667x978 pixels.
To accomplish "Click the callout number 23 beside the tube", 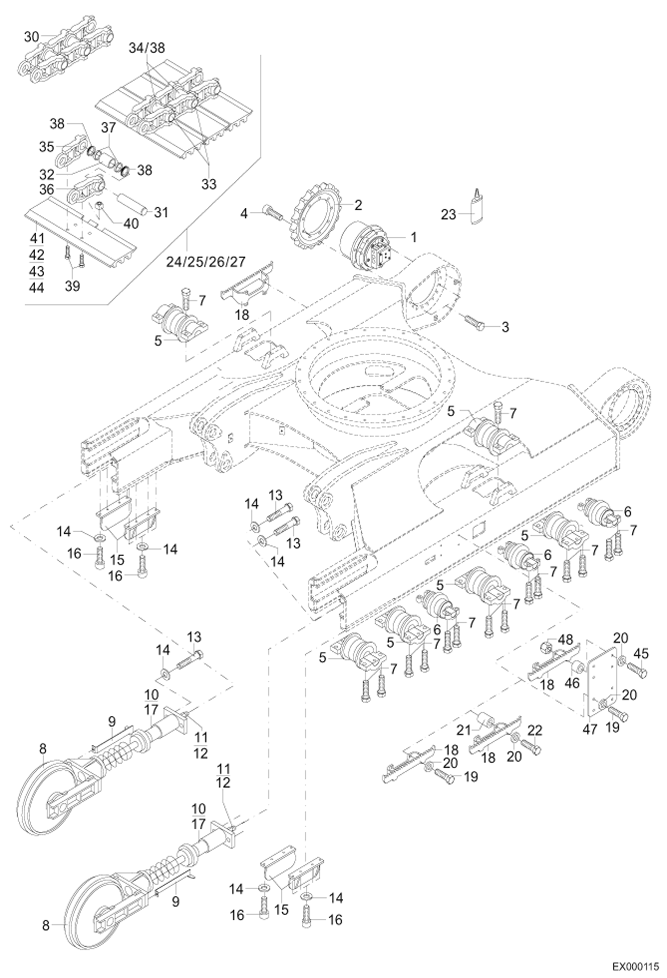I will [448, 215].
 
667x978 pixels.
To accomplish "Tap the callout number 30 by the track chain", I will [32, 37].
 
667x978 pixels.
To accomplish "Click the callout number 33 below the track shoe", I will [209, 183].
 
